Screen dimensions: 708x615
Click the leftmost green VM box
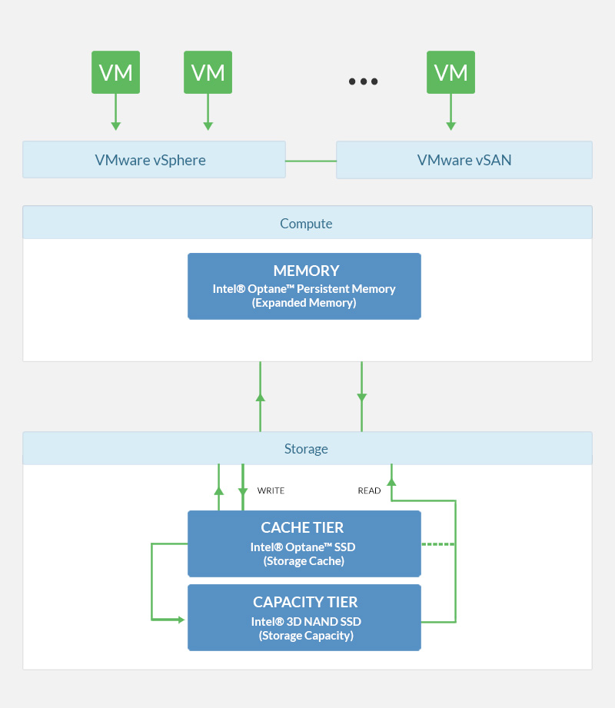(x=115, y=72)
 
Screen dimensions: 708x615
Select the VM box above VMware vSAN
(x=450, y=72)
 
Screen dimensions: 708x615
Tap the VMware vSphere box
(x=154, y=160)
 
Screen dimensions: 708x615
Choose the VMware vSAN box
(x=464, y=160)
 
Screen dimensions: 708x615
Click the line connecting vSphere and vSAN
(x=311, y=161)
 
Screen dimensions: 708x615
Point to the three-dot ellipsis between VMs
(x=363, y=81)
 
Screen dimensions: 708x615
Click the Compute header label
(x=306, y=224)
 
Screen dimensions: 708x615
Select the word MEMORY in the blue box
(x=306, y=271)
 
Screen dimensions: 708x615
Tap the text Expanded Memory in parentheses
(x=304, y=303)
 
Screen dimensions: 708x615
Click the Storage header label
(x=306, y=449)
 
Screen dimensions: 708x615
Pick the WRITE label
(x=271, y=490)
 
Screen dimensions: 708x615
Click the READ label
(x=369, y=490)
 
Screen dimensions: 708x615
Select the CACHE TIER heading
(x=302, y=527)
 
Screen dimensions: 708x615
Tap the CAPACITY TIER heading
(x=305, y=602)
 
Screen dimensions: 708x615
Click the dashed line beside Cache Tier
(x=438, y=544)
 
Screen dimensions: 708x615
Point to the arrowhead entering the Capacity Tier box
(x=182, y=619)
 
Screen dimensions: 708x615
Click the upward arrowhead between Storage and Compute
(x=260, y=397)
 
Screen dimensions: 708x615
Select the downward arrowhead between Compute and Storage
(x=361, y=397)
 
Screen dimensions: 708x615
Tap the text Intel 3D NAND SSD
(x=306, y=621)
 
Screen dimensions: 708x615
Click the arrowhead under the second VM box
(x=208, y=126)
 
